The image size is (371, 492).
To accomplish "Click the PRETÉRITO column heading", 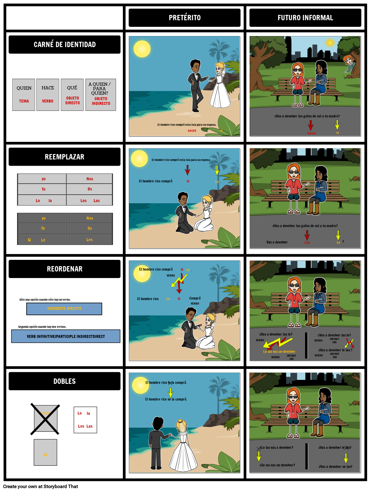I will (x=185, y=18).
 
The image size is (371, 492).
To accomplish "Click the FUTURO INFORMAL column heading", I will (x=305, y=18).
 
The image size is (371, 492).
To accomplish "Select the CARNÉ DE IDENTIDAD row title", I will (x=65, y=45).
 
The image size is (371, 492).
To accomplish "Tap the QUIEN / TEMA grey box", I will (x=24, y=95).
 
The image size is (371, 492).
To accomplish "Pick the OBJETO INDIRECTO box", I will (x=101, y=95).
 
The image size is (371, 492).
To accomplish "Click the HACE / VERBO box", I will (x=48, y=95).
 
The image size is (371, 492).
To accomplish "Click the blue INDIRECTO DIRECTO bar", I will (x=64, y=309).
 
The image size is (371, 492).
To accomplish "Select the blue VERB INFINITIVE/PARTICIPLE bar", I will (x=66, y=336).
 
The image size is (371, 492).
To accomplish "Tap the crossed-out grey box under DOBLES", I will (x=45, y=419).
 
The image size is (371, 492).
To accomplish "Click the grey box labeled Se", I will (x=45, y=452).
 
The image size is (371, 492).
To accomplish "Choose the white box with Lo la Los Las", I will (x=85, y=420).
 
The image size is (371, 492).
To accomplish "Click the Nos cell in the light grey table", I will (x=89, y=179).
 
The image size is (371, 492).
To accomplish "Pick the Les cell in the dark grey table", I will (x=89, y=240).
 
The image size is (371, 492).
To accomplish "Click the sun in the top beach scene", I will (x=142, y=49).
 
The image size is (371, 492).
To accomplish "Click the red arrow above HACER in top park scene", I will (x=310, y=125).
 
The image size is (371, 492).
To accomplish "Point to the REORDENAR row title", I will (x=65, y=269).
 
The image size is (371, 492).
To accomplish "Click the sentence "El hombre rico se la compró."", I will (x=166, y=399).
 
